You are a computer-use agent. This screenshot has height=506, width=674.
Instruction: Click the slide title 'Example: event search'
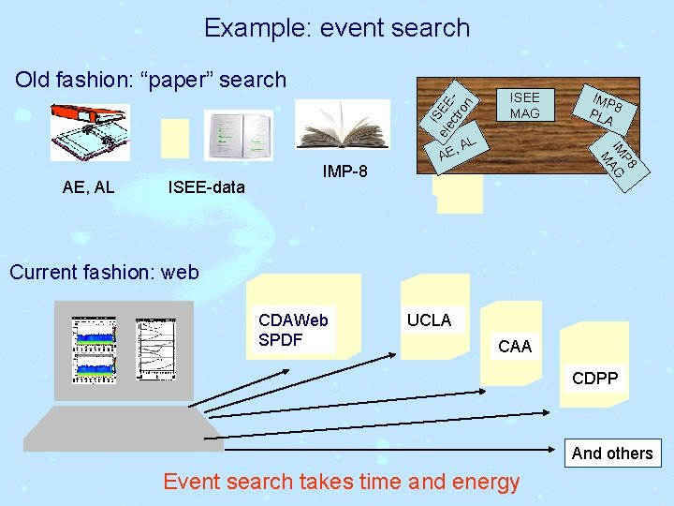coord(337,28)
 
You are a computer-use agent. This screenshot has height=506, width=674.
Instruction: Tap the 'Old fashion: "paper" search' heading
coord(151,80)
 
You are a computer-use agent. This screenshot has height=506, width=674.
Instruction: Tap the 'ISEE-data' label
coord(206,187)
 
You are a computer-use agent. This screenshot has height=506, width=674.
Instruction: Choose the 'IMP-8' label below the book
coord(344,172)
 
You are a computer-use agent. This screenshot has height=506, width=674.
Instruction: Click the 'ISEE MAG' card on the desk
coord(524,105)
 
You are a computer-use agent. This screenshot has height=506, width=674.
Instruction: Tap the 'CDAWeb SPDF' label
coord(293,330)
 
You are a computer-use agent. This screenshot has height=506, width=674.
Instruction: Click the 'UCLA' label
coord(429,320)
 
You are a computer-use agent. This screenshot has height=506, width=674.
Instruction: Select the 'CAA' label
coord(515,347)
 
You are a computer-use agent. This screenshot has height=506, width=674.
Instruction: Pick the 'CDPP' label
coord(596,379)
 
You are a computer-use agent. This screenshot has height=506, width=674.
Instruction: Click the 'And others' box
coord(612,454)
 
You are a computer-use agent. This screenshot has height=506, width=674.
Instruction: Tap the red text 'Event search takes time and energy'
coord(341,482)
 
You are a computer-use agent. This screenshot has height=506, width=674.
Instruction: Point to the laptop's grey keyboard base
coord(122,427)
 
